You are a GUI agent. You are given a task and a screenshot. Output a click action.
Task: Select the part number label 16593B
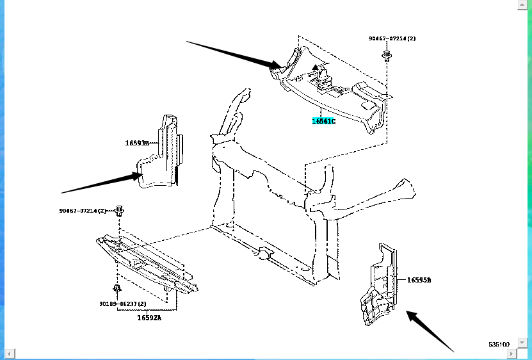(136, 143)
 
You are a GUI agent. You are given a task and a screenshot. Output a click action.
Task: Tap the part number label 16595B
(419, 280)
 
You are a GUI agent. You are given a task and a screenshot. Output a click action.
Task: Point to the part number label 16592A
(149, 317)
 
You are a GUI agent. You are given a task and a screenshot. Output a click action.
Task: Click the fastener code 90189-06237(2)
(122, 304)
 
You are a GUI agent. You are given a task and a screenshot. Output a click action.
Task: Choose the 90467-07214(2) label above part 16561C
(392, 39)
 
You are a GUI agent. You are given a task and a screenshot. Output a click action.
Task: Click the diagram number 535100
(499, 344)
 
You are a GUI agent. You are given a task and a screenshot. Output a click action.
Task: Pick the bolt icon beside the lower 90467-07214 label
(120, 210)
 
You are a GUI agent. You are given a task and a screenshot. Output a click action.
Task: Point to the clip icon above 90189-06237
(116, 288)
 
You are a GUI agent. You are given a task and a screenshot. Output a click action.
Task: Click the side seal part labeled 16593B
(164, 154)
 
